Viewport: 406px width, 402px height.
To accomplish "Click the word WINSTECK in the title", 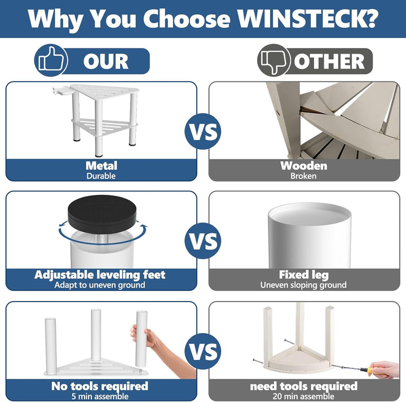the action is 307,19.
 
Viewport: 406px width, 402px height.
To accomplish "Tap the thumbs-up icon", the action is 51,60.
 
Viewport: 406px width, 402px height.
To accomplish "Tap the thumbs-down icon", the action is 274,60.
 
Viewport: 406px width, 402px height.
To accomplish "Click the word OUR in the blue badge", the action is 105,62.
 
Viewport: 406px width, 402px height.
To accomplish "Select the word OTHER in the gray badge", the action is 329,62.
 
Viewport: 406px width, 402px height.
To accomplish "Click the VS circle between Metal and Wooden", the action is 203,131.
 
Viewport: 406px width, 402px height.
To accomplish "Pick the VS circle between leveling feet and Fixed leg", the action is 203,241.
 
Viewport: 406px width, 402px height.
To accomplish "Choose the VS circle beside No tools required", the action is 203,351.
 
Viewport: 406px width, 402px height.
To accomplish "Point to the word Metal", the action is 101,165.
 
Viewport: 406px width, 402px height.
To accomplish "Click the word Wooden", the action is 304,165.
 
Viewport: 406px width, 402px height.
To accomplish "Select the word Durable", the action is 101,176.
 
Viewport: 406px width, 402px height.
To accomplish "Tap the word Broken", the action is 303,176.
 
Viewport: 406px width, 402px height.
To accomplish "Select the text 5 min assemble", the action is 100,396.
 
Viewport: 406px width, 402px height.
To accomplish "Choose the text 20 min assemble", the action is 303,396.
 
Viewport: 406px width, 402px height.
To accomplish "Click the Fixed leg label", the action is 303,274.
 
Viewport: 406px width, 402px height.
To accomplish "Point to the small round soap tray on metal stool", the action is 62,91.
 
